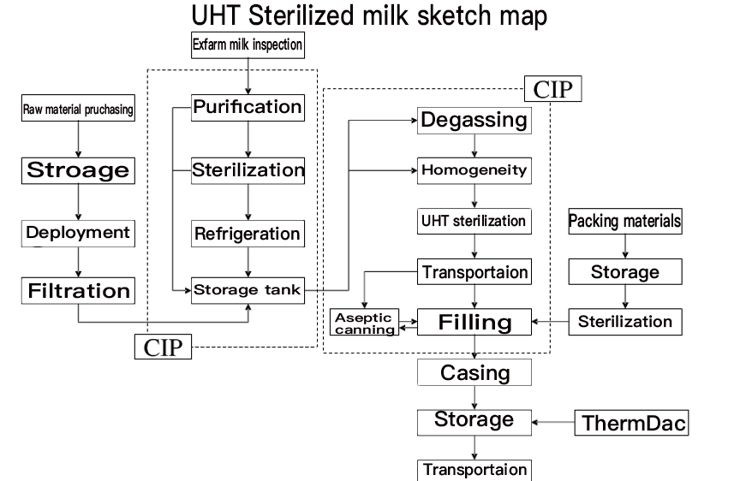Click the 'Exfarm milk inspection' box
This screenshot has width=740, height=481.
248,45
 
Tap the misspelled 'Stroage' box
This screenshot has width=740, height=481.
78,169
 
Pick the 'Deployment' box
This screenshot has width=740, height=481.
78,232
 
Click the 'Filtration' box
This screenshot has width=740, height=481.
78,290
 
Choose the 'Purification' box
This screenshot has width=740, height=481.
248,107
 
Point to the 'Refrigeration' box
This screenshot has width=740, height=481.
248,234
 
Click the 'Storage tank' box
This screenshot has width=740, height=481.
248,290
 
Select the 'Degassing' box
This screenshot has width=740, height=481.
474,120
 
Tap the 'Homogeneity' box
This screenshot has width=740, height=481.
474,170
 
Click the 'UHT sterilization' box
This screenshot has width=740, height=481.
474,221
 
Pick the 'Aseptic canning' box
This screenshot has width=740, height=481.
365,323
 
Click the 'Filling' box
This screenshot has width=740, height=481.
474,323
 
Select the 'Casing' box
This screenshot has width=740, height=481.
474,373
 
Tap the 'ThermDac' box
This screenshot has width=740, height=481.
633,423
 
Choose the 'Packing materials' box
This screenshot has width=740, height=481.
625,221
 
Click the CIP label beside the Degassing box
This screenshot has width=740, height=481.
552,89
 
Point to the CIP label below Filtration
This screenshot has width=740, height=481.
162,347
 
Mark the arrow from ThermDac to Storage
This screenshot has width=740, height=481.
552,422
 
